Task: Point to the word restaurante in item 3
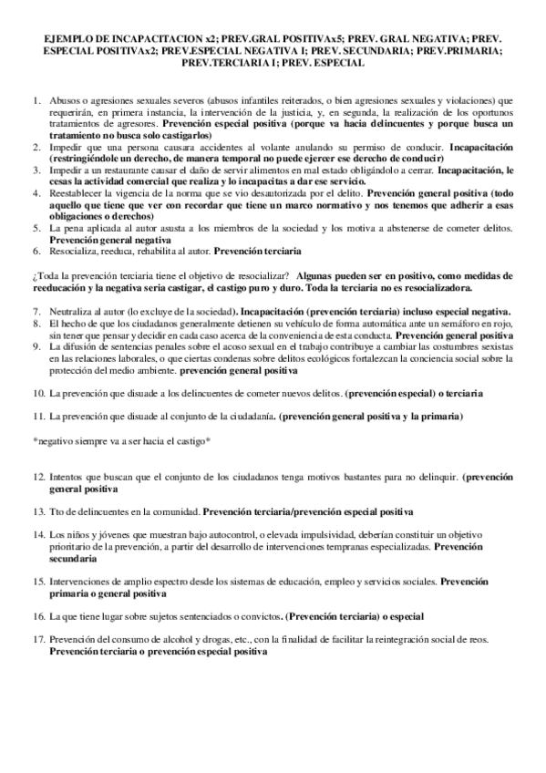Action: point(122,170)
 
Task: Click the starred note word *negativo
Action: point(52,441)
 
